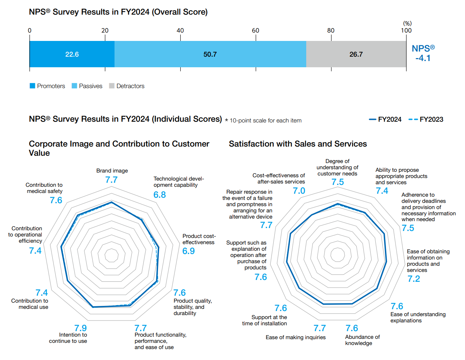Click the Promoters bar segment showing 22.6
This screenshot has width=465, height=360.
pos(72,54)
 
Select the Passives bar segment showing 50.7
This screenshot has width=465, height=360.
pos(210,54)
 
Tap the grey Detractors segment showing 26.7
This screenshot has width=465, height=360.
pos(356,54)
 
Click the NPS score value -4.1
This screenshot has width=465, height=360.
pos(423,58)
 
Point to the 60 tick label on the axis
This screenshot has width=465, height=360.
pos(255,30)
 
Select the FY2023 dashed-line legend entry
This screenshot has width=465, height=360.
pos(426,120)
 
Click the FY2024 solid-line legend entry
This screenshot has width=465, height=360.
pos(385,120)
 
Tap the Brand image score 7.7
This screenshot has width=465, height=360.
pos(111,180)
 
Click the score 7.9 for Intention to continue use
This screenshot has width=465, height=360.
pos(80,328)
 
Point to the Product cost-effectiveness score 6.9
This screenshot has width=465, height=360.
pos(188,251)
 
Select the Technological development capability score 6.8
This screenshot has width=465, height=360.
pos(160,195)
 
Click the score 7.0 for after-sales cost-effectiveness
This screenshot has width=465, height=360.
pos(299,191)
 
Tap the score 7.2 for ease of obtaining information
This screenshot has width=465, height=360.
pos(414,279)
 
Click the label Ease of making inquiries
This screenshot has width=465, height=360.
pos(296,337)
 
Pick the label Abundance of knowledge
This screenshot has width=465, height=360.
pos(362,340)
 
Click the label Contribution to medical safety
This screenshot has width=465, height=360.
pos(44,188)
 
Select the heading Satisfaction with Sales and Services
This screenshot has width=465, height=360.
pos(298,144)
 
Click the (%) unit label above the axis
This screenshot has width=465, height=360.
pos(407,23)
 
